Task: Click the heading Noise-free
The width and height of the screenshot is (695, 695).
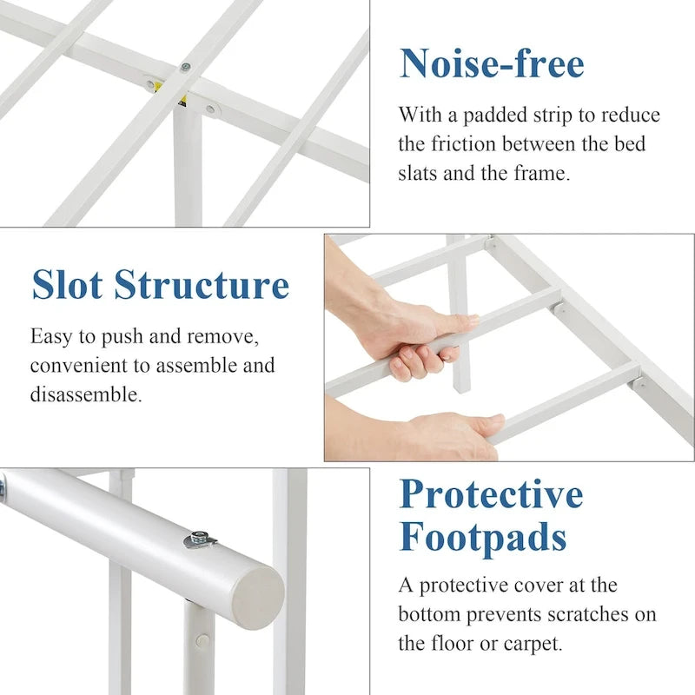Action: (x=492, y=63)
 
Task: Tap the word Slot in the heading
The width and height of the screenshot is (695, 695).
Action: (x=68, y=285)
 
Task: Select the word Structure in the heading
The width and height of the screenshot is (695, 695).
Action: (x=202, y=285)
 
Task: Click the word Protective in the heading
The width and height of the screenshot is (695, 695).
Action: (x=491, y=494)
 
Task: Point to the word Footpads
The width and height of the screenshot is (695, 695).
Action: (x=483, y=537)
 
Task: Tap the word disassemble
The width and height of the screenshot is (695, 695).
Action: (x=86, y=394)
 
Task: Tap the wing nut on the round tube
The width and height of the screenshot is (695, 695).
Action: (x=200, y=539)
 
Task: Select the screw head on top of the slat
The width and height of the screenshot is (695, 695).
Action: (x=186, y=68)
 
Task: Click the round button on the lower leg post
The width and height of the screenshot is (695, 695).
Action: (x=202, y=640)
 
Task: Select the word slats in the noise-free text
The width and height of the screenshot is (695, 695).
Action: (x=417, y=173)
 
